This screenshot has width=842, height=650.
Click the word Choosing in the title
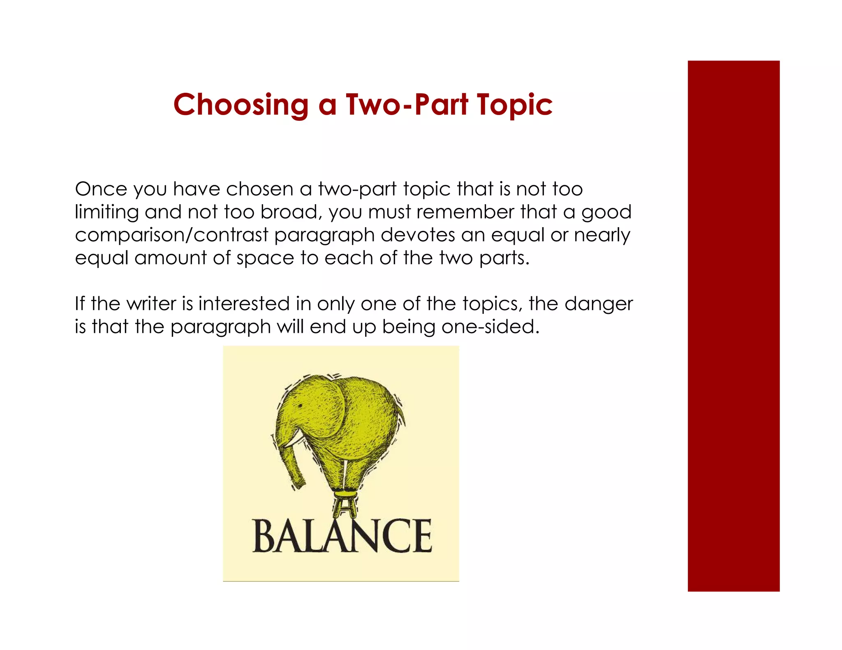241,105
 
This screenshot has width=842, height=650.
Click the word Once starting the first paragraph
101,189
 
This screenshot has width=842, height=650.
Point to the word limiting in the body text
107,212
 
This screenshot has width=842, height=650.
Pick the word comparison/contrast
171,235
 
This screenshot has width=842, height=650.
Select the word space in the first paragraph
265,258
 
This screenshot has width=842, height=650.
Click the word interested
244,304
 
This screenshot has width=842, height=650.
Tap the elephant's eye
300,406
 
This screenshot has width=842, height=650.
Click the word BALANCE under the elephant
342,537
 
